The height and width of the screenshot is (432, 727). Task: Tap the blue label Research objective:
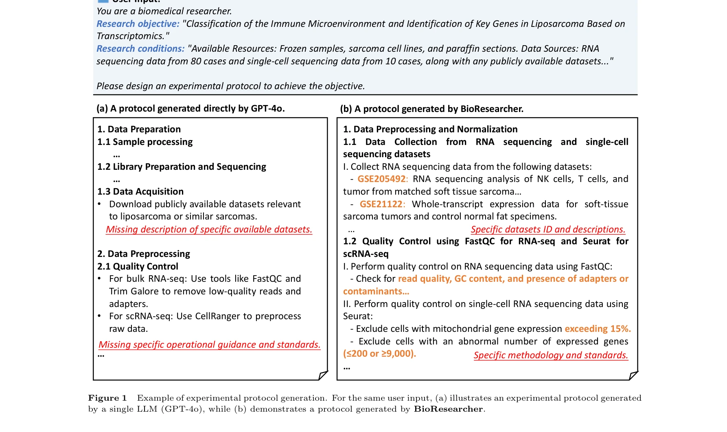(x=138, y=24)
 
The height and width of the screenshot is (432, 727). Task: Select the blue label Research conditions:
(x=140, y=49)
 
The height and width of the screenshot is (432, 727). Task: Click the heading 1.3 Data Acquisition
(x=140, y=192)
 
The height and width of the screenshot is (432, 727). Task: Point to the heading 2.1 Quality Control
(x=138, y=267)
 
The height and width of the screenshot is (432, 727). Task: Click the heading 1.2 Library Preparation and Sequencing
(x=182, y=167)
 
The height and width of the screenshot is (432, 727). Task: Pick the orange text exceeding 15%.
(x=598, y=329)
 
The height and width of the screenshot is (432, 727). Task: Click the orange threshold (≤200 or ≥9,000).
(x=379, y=354)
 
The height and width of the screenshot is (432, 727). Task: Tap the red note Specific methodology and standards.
(x=551, y=355)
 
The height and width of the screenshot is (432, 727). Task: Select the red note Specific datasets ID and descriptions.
(x=548, y=230)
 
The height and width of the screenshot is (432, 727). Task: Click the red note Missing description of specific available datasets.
(x=209, y=230)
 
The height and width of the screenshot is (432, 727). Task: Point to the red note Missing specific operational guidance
(x=209, y=345)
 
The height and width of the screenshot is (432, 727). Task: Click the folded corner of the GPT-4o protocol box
(x=323, y=375)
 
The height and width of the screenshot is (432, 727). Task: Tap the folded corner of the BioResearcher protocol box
(x=633, y=375)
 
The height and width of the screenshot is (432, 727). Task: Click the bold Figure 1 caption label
(x=107, y=398)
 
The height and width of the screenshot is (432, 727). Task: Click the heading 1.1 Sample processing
(x=145, y=142)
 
